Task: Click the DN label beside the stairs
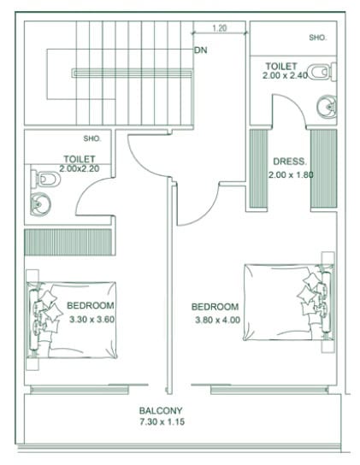click(x=201, y=50)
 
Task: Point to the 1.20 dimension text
click(x=220, y=28)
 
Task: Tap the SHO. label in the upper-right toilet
click(x=317, y=38)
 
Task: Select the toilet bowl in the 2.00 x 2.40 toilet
click(x=322, y=72)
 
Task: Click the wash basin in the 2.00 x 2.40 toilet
click(x=327, y=106)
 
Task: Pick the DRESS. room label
click(x=289, y=162)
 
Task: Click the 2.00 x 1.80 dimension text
click(x=291, y=174)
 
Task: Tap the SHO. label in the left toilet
click(x=92, y=138)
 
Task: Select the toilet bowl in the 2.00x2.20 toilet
click(x=45, y=179)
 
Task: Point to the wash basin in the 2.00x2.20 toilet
click(x=40, y=204)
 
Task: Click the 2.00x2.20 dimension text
click(x=80, y=168)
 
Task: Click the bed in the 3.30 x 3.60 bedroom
click(x=72, y=320)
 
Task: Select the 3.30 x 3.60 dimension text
click(x=92, y=320)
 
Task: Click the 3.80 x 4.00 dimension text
click(x=217, y=320)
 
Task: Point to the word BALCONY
click(x=161, y=411)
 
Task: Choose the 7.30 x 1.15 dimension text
click(x=162, y=421)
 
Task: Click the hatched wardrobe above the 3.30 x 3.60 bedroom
click(x=68, y=242)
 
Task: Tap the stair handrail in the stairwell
click(x=132, y=74)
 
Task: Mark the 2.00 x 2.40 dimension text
click(x=285, y=75)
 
